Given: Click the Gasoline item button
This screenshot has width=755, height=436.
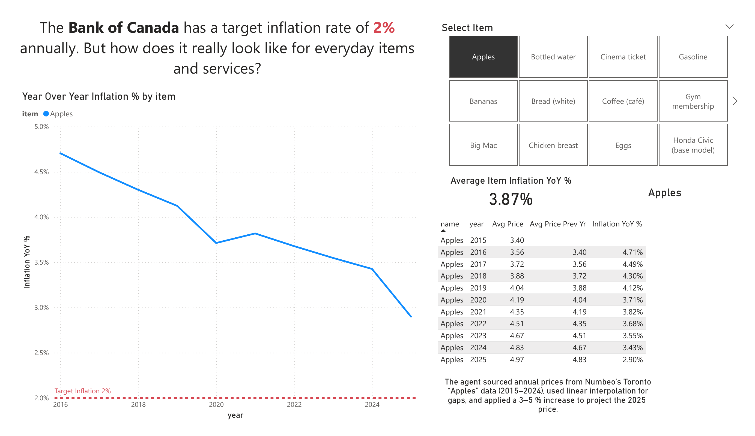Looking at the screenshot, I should (693, 57).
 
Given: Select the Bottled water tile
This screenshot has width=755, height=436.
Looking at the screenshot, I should (553, 57).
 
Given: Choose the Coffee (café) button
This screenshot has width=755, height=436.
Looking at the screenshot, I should (623, 101).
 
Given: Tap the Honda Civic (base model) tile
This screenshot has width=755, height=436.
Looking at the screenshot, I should (693, 145).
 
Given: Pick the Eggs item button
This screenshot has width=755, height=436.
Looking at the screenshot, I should (623, 146).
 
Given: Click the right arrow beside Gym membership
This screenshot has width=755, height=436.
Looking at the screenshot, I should (735, 101).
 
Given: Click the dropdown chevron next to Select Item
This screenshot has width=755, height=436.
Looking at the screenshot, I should (729, 27).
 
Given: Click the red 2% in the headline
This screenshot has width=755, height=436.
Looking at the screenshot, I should (384, 28).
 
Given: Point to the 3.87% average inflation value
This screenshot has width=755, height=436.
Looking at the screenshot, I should (511, 199).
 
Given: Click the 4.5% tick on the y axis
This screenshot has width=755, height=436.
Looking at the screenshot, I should (41, 172).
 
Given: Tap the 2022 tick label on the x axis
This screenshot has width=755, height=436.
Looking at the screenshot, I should (294, 405).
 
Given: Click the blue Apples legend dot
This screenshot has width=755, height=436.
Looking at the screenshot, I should (46, 114).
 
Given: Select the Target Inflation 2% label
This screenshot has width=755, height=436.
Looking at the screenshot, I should (82, 391).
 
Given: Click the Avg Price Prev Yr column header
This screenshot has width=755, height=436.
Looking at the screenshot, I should (557, 224).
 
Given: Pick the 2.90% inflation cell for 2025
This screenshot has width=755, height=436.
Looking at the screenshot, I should (632, 359).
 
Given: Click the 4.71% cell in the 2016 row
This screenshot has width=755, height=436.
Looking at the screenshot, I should (632, 252).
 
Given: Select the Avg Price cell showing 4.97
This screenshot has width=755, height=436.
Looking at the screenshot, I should (517, 359).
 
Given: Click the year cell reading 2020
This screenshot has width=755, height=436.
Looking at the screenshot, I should (478, 300).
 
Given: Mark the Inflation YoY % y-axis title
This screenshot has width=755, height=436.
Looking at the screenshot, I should (27, 262).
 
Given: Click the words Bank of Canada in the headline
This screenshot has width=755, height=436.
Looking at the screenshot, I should (123, 28).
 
